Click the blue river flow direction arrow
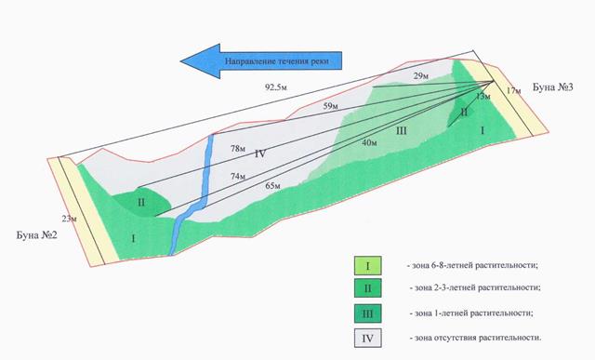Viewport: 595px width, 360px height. tap(261, 60)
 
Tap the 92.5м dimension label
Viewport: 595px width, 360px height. tap(276, 87)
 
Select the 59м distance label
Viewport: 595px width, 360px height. tap(330, 106)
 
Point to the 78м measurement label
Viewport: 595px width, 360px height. tap(238, 149)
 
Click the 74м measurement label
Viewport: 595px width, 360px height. tap(238, 177)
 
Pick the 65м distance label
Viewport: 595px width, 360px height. tap(272, 186)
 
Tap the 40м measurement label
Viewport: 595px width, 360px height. tap(369, 142)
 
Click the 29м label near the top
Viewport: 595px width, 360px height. tap(421, 76)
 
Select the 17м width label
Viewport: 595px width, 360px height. tap(513, 90)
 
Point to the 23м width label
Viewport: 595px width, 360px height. tap(70, 219)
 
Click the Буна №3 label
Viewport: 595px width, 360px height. tap(553, 87)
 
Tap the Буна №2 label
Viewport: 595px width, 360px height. tap(37, 234)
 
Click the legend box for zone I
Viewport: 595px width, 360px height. tap(368, 266)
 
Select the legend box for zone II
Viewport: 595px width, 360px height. tap(368, 288)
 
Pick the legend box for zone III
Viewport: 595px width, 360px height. tap(368, 313)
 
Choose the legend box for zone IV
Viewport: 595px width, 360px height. tap(368, 338)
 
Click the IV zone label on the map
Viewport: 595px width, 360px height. tap(260, 153)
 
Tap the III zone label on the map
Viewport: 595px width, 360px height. tap(401, 131)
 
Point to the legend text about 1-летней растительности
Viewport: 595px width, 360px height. tap(471, 313)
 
